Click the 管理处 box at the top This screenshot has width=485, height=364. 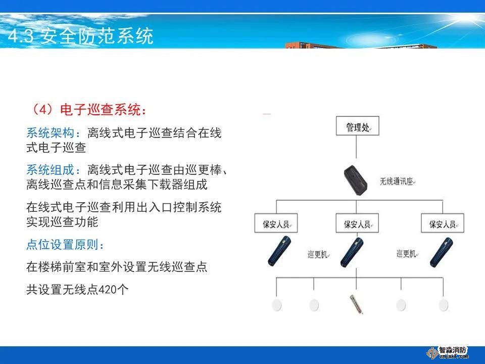(357, 126)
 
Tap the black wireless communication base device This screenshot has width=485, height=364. (356, 180)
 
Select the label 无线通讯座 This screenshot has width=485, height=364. (397, 181)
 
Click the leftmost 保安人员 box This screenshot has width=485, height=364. (276, 223)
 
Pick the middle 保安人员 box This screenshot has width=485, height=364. (357, 223)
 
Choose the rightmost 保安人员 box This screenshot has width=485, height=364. (443, 223)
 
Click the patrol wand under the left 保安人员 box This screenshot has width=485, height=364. (279, 251)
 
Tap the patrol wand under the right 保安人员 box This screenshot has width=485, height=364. (442, 252)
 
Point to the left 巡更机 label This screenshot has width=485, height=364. (318, 254)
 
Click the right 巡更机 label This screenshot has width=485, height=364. (407, 254)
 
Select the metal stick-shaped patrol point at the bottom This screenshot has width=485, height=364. (356, 304)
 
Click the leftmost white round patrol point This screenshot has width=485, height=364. (277, 305)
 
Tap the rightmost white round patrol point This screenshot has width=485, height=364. (443, 305)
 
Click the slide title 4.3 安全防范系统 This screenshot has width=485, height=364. (81, 36)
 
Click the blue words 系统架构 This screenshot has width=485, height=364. (50, 133)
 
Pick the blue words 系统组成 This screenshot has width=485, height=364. (50, 170)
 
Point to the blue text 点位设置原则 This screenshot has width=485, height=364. (62, 245)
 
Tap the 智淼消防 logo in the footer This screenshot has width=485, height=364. (448, 352)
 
